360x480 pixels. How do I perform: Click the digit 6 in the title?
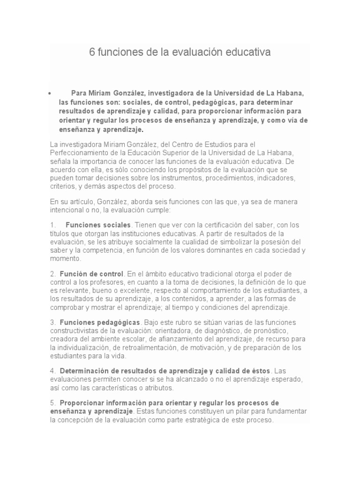click(x=92, y=52)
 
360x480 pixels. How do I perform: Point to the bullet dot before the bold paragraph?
click(x=49, y=93)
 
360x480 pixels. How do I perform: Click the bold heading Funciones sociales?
click(x=98, y=225)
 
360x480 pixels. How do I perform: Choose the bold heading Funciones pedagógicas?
click(x=100, y=322)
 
